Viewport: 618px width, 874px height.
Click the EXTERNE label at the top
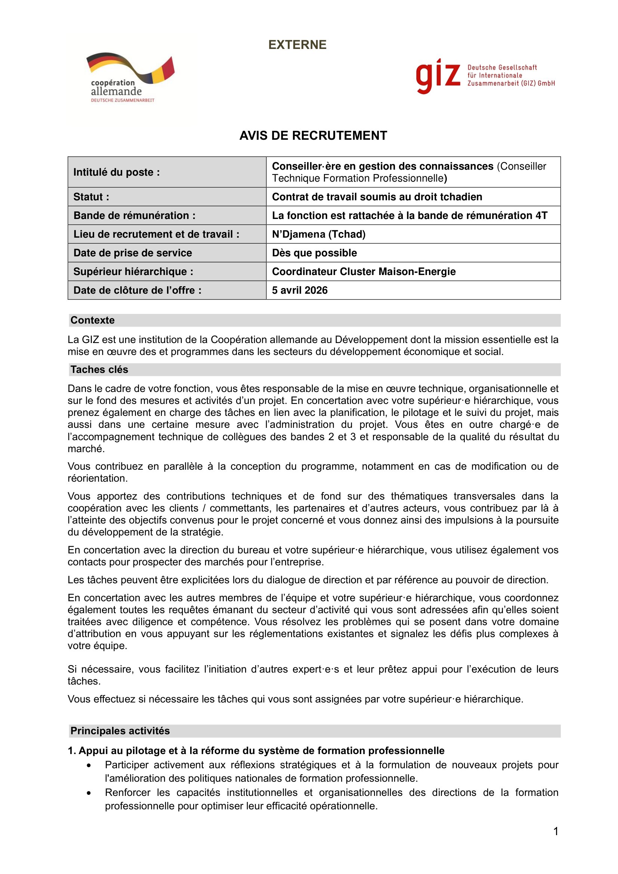pos(297,45)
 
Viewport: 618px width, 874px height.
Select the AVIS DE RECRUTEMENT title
pos(313,136)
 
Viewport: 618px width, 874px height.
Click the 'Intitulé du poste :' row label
pos(117,172)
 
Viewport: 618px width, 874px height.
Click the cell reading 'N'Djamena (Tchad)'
pos(318,234)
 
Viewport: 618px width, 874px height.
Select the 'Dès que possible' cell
pos(314,253)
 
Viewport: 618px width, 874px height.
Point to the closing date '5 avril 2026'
pos(300,290)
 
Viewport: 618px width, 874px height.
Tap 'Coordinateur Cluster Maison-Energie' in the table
pos(364,271)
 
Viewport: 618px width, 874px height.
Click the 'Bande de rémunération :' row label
pos(135,216)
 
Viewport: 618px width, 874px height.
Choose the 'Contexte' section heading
pos(92,320)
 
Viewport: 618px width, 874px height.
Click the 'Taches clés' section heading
pos(99,370)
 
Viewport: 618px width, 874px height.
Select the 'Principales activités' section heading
pos(120,731)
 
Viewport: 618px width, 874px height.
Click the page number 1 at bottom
pos(556,831)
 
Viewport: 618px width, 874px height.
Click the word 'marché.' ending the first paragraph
pos(86,449)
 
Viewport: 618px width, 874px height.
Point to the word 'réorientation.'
pos(98,479)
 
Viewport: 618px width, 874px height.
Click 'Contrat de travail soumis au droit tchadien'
pos(377,197)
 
